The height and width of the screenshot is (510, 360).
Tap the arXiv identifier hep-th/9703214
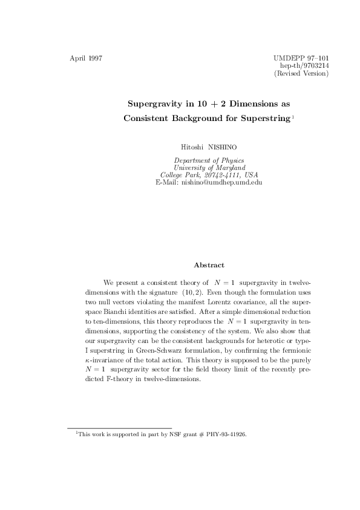point(304,66)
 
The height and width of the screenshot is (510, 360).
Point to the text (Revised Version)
point(301,74)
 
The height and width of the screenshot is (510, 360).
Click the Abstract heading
point(209,265)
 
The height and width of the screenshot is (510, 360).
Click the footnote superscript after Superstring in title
point(293,116)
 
